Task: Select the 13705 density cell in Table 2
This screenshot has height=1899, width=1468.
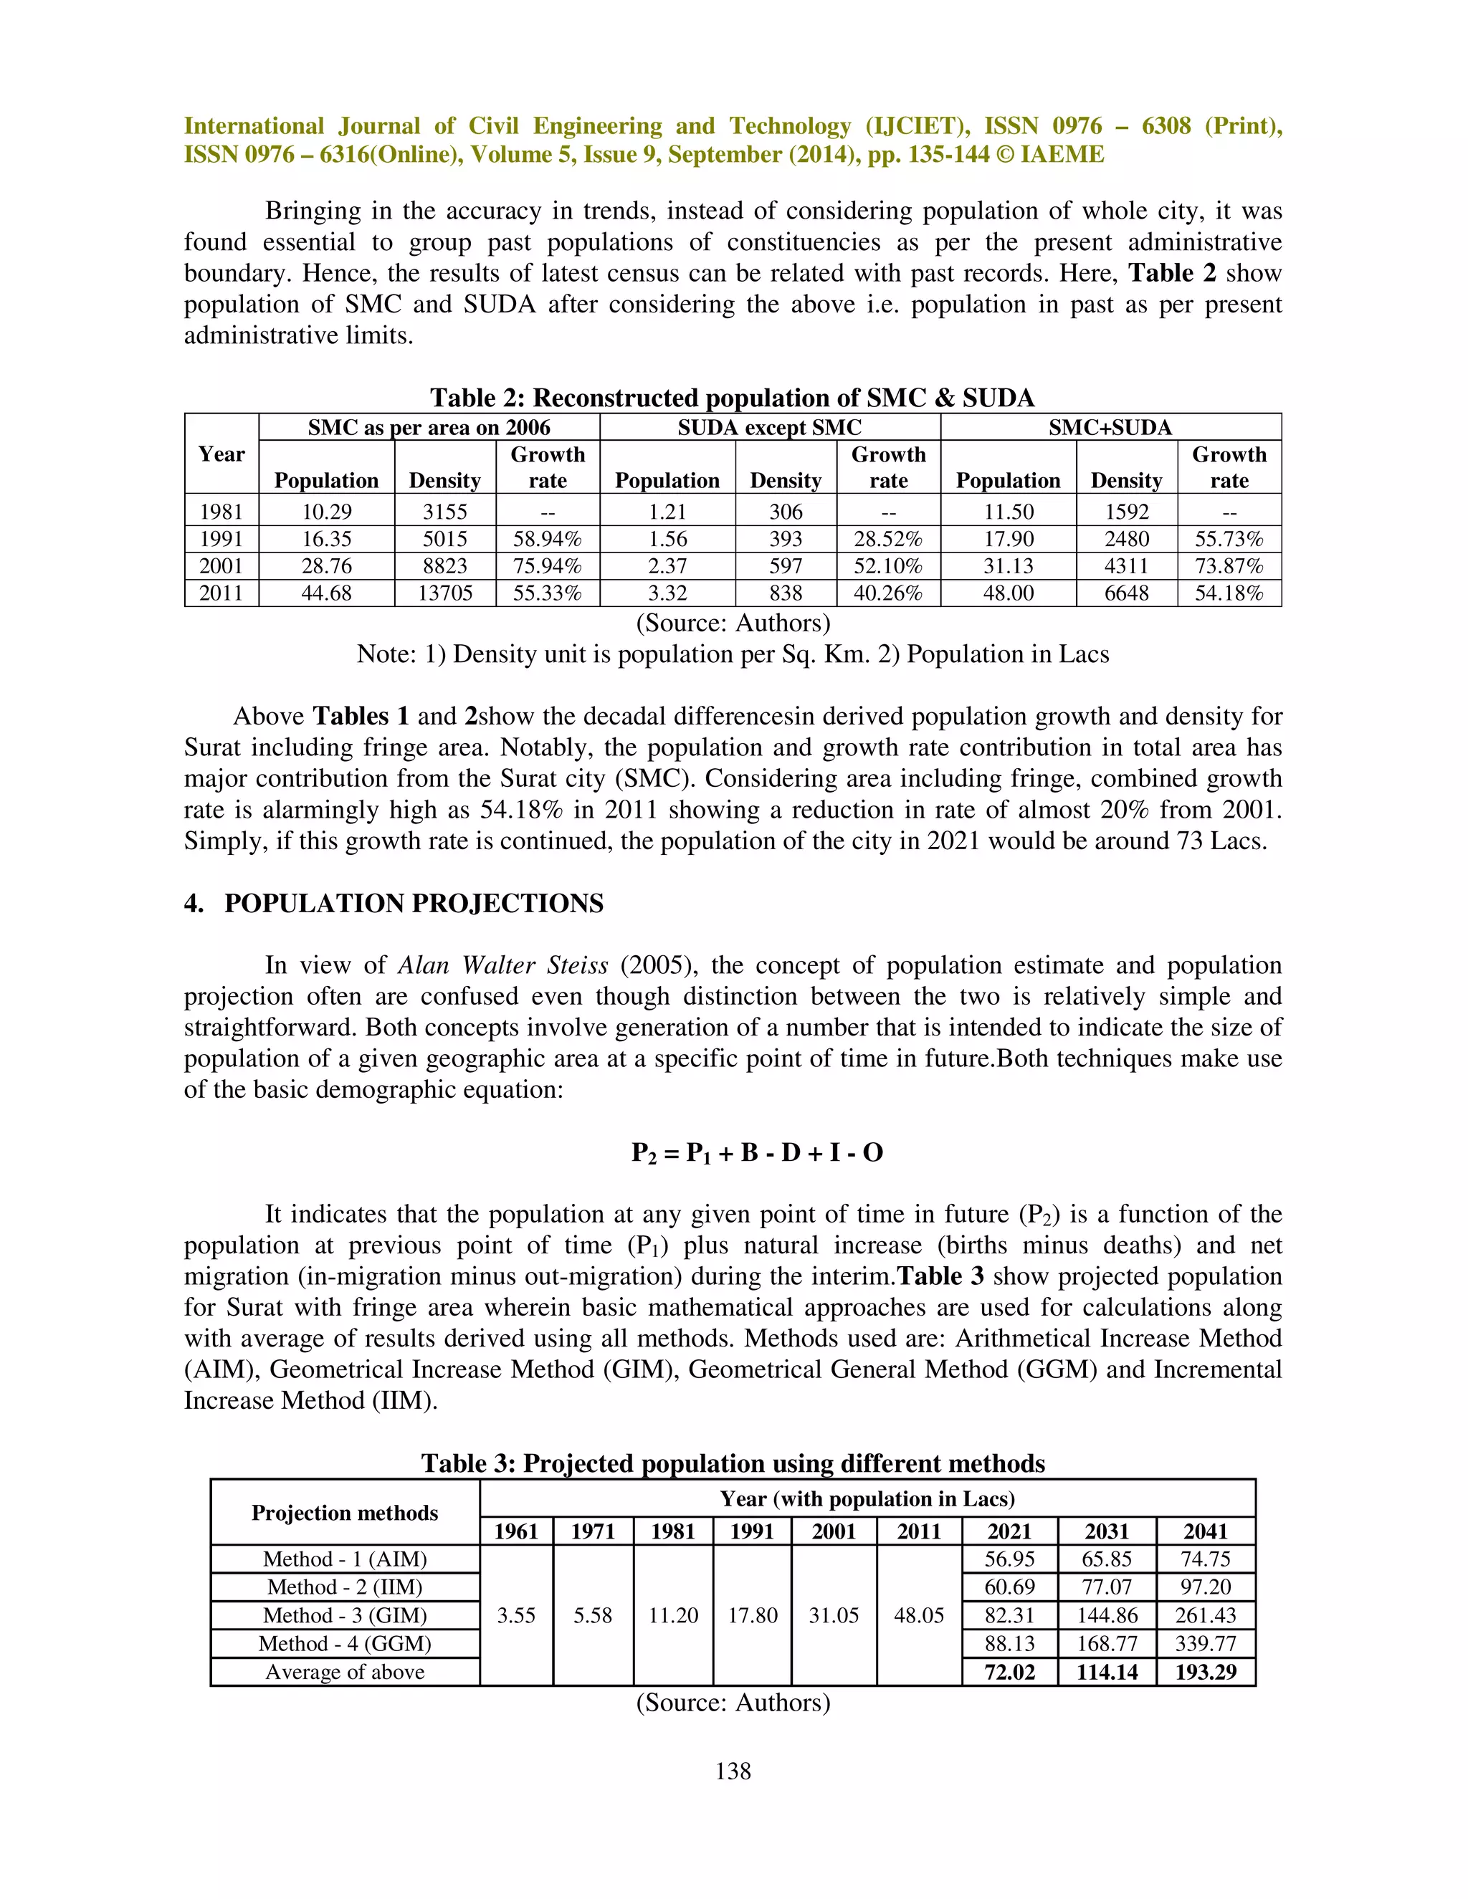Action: click(x=444, y=593)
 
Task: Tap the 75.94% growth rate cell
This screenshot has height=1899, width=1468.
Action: click(x=547, y=566)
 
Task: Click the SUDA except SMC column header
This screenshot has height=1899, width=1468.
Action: click(x=770, y=427)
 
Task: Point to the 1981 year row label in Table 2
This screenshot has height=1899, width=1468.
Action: click(x=221, y=511)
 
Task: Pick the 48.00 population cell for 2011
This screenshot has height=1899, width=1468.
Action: click(x=1008, y=593)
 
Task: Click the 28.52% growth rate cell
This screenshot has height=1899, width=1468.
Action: click(x=888, y=539)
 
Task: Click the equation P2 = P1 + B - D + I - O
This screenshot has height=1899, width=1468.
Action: click(x=757, y=1153)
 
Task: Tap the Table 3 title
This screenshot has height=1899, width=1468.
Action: click(x=733, y=1463)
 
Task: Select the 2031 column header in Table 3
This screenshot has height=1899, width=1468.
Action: click(x=1106, y=1531)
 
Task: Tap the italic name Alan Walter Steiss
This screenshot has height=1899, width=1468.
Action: click(x=502, y=965)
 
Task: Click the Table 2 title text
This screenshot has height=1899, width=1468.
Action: click(x=733, y=398)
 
